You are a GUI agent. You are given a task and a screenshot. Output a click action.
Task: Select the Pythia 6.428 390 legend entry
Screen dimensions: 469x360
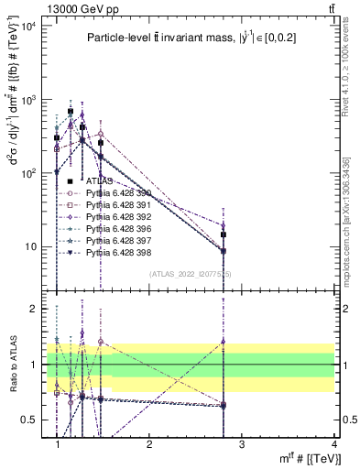tap(115, 192)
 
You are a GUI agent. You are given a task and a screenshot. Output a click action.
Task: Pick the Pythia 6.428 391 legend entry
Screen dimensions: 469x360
tap(115, 203)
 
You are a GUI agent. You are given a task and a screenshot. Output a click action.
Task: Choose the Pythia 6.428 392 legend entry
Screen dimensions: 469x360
tap(115, 215)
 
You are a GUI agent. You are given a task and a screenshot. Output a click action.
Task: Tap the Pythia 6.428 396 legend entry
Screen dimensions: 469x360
tap(115, 227)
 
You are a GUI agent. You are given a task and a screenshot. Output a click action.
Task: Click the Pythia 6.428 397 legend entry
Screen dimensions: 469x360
tap(115, 238)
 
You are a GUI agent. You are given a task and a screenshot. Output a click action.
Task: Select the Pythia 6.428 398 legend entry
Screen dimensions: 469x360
tap(115, 250)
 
